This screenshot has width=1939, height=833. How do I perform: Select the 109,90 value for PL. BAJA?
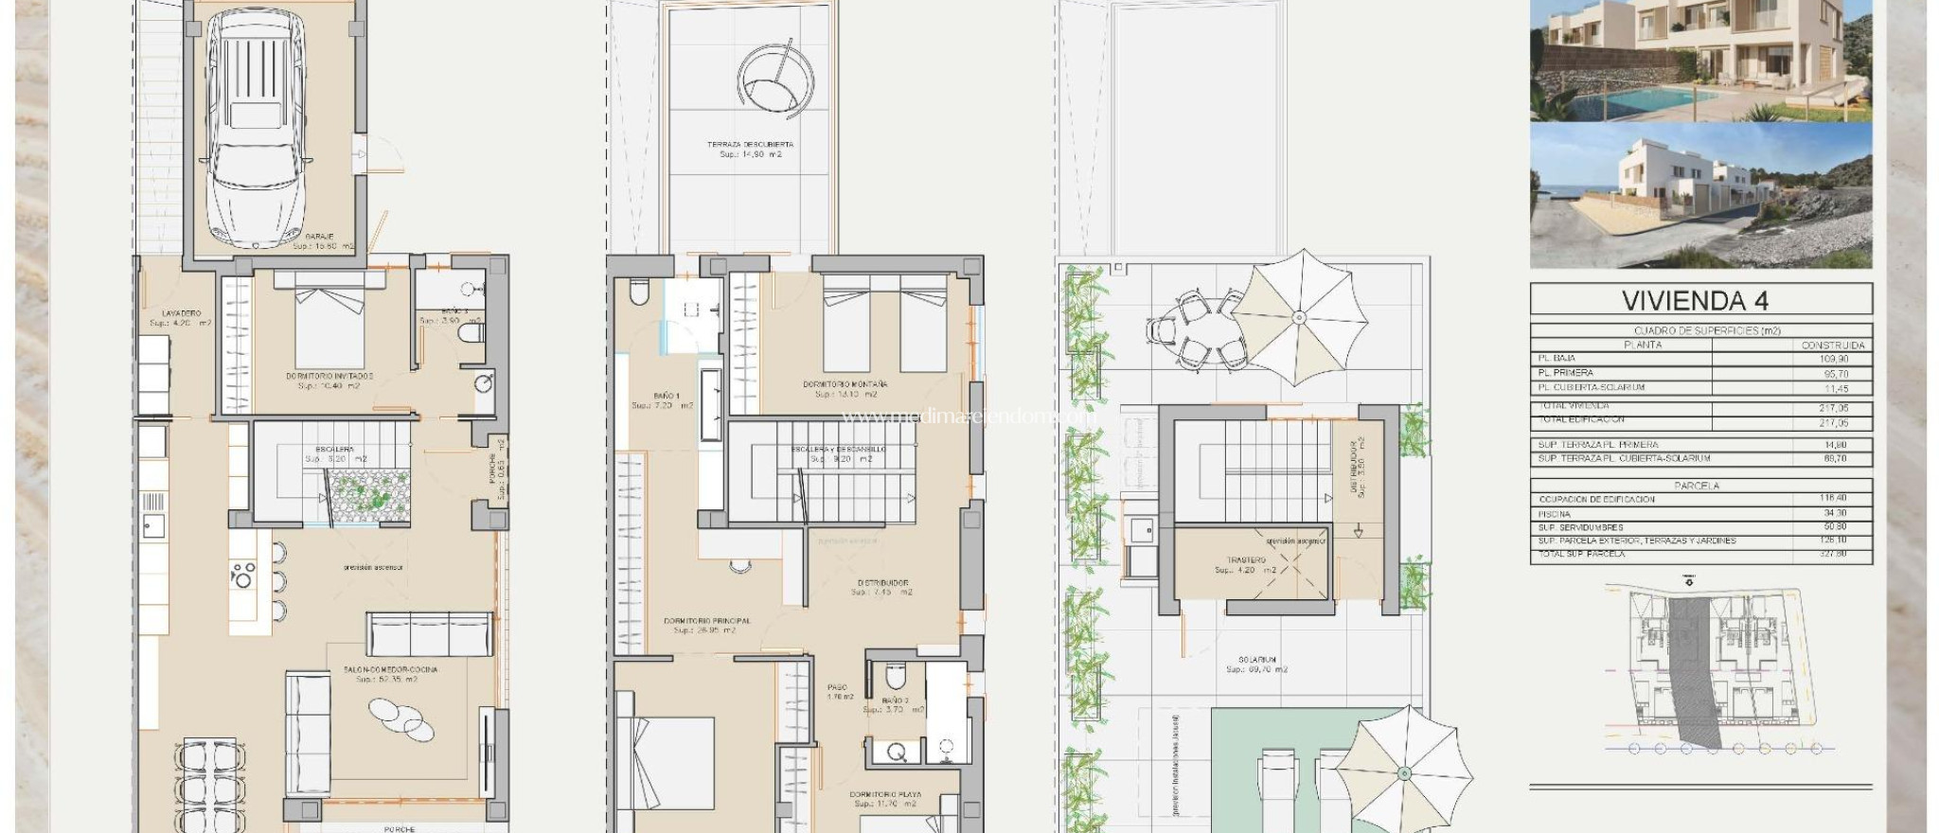pyautogui.click(x=1833, y=360)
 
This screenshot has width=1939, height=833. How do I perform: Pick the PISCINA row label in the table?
pyautogui.click(x=1555, y=514)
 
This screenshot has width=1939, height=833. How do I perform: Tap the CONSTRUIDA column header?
pyautogui.click(x=1833, y=346)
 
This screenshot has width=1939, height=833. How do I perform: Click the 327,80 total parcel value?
pyautogui.click(x=1833, y=554)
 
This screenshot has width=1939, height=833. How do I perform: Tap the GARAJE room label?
pyautogui.click(x=319, y=237)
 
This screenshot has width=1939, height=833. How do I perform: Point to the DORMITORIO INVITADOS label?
pyautogui.click(x=329, y=377)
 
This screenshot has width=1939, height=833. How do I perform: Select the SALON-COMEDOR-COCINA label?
pyautogui.click(x=390, y=670)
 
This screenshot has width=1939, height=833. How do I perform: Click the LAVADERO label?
pyautogui.click(x=181, y=313)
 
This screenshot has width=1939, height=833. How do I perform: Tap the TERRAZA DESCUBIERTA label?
pyautogui.click(x=750, y=145)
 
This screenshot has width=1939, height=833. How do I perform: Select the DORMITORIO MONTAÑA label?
pyautogui.click(x=845, y=384)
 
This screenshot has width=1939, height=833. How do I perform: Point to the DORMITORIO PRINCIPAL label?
pyautogui.click(x=706, y=622)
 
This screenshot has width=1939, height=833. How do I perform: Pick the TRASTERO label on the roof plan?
pyautogui.click(x=1245, y=560)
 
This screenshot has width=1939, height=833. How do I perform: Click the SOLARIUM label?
pyautogui.click(x=1256, y=660)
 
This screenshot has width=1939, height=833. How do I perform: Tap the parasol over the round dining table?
pyautogui.click(x=1299, y=317)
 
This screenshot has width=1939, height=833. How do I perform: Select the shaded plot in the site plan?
pyautogui.click(x=1695, y=672)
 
